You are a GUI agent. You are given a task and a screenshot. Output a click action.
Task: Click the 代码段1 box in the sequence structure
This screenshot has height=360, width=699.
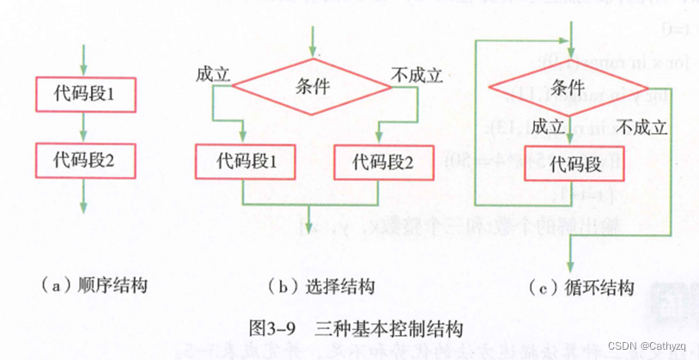click(83, 93)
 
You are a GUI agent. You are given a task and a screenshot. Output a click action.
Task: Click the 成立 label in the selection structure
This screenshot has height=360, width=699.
click(213, 74)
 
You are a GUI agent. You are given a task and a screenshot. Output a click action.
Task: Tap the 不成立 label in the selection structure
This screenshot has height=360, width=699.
click(416, 74)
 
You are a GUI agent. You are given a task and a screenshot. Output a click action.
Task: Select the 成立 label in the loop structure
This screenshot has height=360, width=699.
click(548, 127)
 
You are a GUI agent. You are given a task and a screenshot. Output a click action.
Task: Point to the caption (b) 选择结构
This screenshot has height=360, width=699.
click(322, 284)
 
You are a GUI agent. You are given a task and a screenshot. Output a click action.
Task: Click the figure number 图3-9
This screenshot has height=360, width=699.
click(272, 327)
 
